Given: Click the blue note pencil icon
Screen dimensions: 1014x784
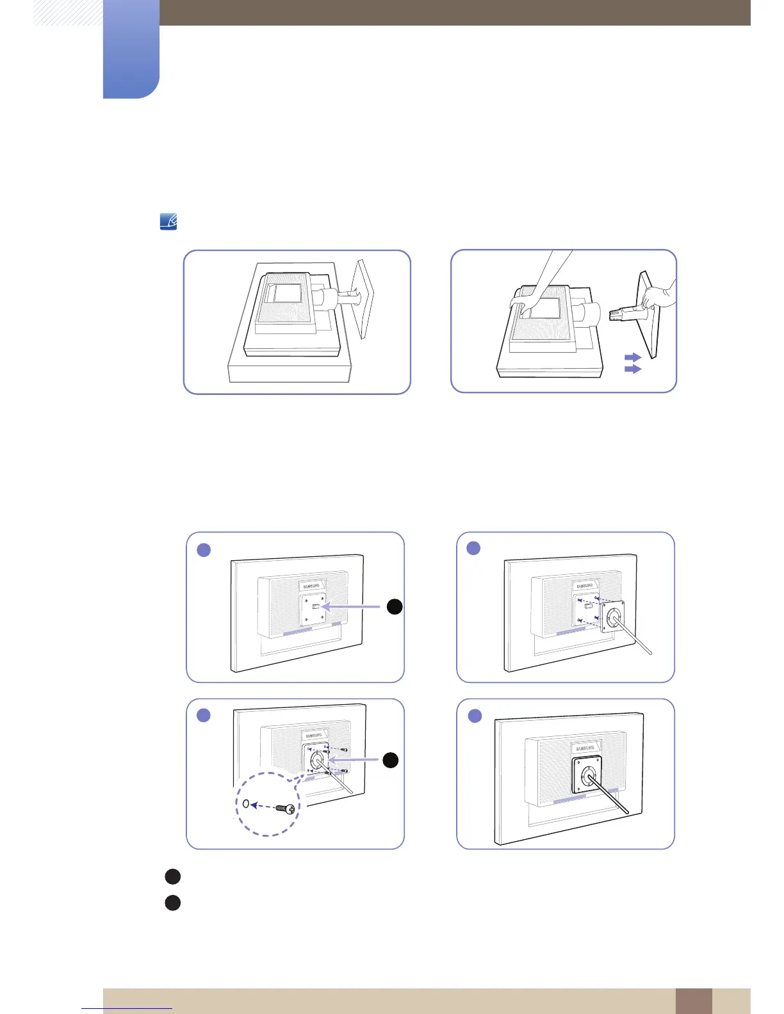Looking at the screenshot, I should coord(168,222).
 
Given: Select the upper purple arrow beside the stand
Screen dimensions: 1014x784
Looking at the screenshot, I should coord(633,357).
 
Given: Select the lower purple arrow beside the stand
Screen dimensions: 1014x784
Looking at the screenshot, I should coord(633,369).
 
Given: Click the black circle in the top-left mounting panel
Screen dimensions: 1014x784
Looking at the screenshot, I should coord(395,607).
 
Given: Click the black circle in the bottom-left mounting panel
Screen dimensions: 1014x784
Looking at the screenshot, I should coord(391,760).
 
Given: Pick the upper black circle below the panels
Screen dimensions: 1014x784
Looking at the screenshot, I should coord(172,876).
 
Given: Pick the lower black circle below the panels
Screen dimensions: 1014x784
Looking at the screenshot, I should coord(172,903).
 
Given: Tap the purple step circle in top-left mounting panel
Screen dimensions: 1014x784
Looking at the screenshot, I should coord(204,549).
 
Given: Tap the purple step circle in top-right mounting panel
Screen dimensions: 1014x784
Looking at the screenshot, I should coord(473,548).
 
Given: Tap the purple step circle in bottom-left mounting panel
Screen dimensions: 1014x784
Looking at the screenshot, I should coord(204,715).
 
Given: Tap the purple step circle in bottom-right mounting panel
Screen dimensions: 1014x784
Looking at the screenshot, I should coord(475,715).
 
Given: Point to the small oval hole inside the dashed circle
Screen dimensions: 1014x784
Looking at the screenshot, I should coord(245,804).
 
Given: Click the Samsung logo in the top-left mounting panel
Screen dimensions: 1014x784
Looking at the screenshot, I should coord(311,586).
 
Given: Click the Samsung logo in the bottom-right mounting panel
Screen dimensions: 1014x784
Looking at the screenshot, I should coord(585,748).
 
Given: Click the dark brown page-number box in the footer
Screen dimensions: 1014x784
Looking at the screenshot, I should coord(693,1001).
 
